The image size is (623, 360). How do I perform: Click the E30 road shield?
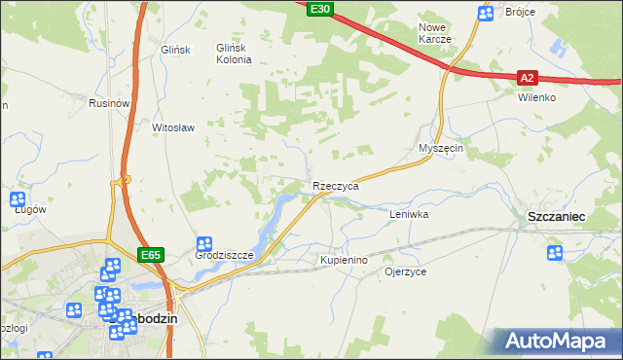point(319,9)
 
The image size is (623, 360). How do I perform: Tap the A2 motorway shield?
point(527,77)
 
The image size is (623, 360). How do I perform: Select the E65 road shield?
point(150,255)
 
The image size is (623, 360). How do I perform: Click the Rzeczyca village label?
point(336,185)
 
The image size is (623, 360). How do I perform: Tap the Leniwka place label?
point(409,213)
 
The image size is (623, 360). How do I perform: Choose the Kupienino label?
point(344,261)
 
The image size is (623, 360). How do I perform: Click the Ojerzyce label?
point(406,272)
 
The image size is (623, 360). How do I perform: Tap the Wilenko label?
point(536,97)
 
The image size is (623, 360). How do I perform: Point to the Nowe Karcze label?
point(434,33)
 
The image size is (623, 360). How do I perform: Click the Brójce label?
point(521,13)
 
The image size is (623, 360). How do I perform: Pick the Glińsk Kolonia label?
point(234,53)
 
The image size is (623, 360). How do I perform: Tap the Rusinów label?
point(109,103)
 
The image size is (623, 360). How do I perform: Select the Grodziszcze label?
point(224,256)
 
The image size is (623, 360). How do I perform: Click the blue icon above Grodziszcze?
point(204,243)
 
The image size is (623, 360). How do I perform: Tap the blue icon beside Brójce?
point(486,13)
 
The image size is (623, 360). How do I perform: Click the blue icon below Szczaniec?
point(555,253)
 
